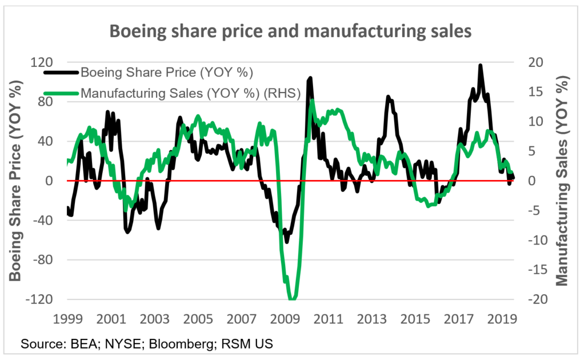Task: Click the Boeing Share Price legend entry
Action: click(x=167, y=73)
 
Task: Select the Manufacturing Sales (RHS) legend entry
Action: click(x=190, y=93)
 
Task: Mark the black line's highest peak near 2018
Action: click(x=481, y=66)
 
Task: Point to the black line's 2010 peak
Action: click(x=310, y=78)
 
